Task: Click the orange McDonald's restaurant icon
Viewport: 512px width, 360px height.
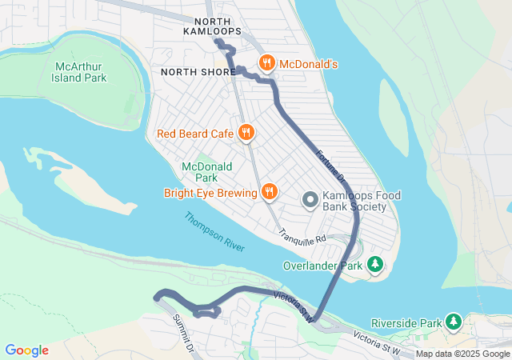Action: click(x=266, y=63)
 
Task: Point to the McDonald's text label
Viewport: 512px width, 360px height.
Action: click(x=309, y=63)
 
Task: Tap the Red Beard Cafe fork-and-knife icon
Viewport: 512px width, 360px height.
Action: click(x=246, y=133)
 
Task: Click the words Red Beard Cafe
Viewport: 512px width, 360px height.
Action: click(x=195, y=133)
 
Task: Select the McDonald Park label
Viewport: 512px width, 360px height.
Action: click(x=206, y=171)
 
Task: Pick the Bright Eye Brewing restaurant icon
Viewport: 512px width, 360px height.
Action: click(x=270, y=192)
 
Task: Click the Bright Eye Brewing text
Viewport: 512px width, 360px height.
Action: click(x=210, y=192)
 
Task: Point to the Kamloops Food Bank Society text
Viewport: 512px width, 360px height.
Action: click(x=362, y=202)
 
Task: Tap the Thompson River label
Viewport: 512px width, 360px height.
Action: click(x=214, y=231)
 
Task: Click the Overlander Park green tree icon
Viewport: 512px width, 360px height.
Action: click(x=374, y=264)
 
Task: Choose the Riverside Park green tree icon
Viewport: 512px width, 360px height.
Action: click(x=454, y=322)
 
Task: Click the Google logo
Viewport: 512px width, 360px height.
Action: click(x=27, y=350)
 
